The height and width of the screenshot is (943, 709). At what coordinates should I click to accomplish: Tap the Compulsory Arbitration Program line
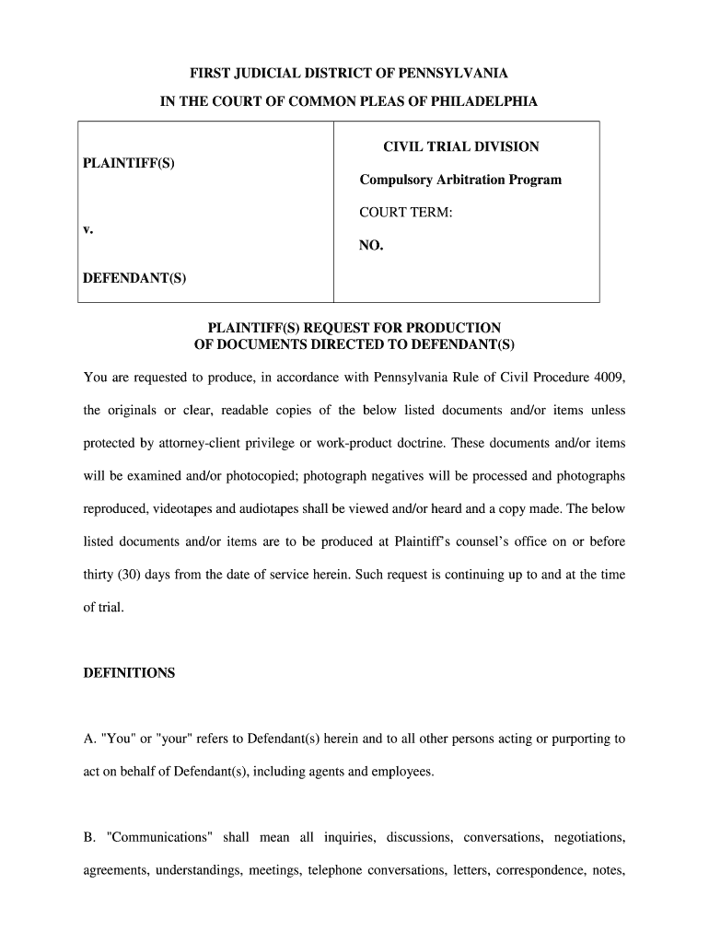(x=460, y=180)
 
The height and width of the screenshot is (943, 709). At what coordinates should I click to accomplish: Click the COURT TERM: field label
(x=406, y=213)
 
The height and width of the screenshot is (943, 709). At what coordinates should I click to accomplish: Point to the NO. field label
(x=371, y=246)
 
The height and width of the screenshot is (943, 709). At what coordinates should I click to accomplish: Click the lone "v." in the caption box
(x=87, y=228)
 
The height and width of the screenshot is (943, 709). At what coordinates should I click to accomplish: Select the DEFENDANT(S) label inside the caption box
(x=134, y=278)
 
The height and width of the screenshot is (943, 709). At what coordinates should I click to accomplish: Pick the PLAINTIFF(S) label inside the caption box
(x=129, y=163)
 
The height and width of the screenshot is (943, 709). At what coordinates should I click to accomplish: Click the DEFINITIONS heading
(x=129, y=673)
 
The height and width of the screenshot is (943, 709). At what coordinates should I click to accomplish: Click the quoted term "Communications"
(x=161, y=838)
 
